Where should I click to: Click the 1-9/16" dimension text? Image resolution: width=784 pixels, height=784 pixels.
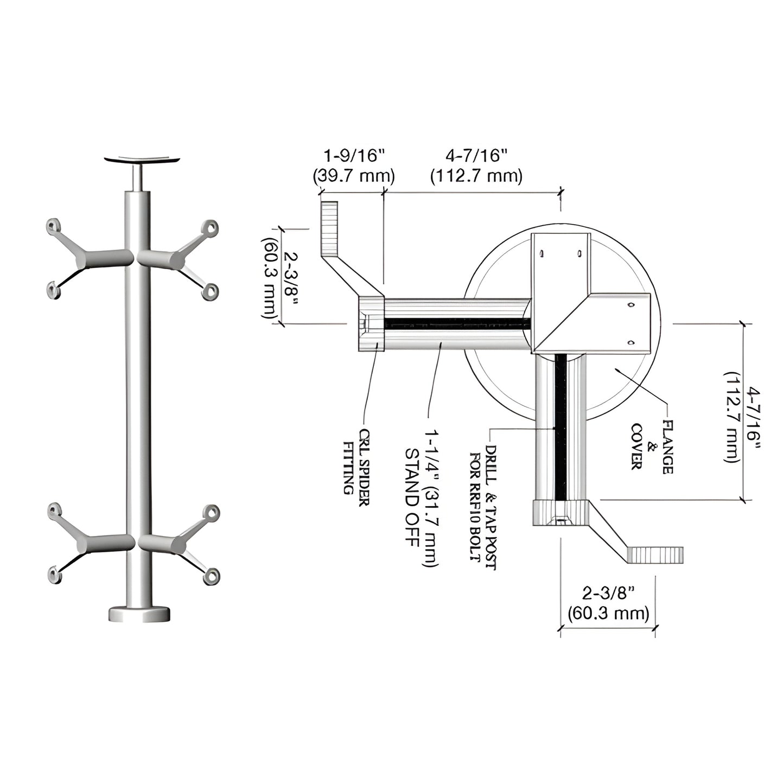click(x=354, y=156)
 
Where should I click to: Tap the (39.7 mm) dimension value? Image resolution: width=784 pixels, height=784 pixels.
click(x=354, y=176)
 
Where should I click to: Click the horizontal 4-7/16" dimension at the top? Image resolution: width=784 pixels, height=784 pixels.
click(x=476, y=156)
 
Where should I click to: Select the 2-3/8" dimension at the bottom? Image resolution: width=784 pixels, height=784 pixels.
click(x=608, y=593)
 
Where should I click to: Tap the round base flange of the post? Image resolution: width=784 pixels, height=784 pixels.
click(x=139, y=614)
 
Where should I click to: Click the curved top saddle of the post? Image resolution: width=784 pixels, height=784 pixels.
click(x=142, y=160)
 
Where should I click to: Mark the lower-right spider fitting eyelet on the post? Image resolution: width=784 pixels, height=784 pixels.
click(x=212, y=576)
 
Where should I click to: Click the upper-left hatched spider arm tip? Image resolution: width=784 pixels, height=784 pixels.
click(x=329, y=228)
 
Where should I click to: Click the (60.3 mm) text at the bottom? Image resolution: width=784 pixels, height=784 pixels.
click(x=608, y=614)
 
